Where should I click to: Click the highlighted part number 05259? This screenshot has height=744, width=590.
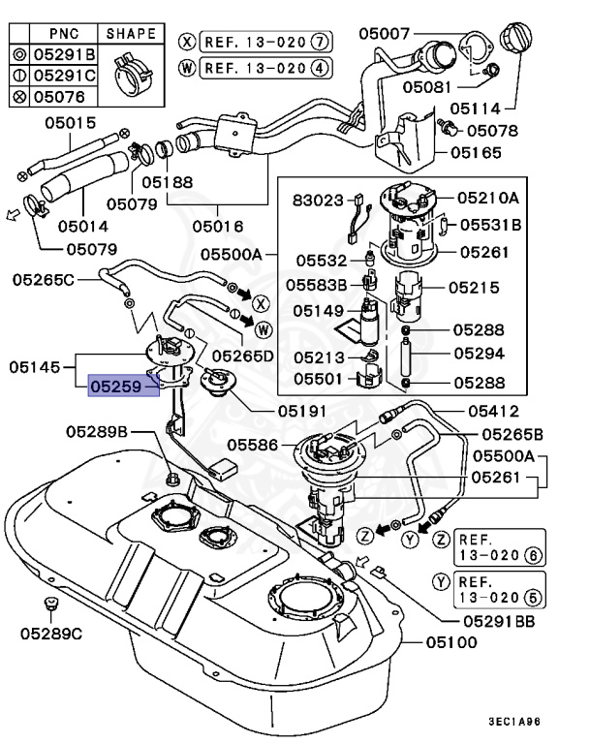[x=122, y=387]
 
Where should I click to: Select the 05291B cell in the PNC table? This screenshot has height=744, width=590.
[x=63, y=54]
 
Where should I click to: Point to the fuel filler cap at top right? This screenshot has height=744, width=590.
[x=517, y=43]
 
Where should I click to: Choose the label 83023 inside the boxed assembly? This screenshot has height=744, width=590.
[x=319, y=201]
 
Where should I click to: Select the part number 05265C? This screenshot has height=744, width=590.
[x=44, y=280]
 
